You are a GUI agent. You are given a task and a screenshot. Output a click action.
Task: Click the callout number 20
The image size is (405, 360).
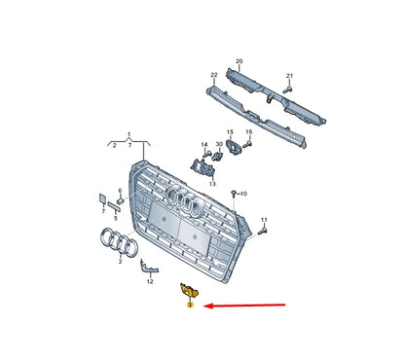pyautogui.click(x=239, y=59)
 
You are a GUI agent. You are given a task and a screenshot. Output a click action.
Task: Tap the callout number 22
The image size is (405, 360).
pyautogui.click(x=214, y=75)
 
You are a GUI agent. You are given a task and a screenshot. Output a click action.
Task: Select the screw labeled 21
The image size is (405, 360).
pyautogui.click(x=287, y=88)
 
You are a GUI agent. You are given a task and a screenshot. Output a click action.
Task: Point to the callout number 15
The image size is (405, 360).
pyautogui.click(x=231, y=132)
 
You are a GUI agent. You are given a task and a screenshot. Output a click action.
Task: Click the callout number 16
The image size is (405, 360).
pyautogui.click(x=249, y=132)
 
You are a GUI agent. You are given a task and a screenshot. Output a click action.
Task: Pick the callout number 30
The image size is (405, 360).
pyautogui.click(x=219, y=145)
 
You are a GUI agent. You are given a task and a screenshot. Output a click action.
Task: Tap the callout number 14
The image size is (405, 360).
pyautogui.click(x=204, y=145)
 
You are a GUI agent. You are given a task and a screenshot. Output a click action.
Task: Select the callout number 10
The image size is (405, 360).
pyautogui.click(x=243, y=194)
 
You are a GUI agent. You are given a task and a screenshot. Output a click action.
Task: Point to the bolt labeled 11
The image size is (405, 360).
pyautogui.click(x=261, y=233)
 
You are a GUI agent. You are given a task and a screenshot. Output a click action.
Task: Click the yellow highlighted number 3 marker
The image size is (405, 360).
pyautogui.click(x=190, y=304)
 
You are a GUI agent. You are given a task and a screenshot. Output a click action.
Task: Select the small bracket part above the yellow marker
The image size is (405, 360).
pyautogui.click(x=189, y=291)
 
